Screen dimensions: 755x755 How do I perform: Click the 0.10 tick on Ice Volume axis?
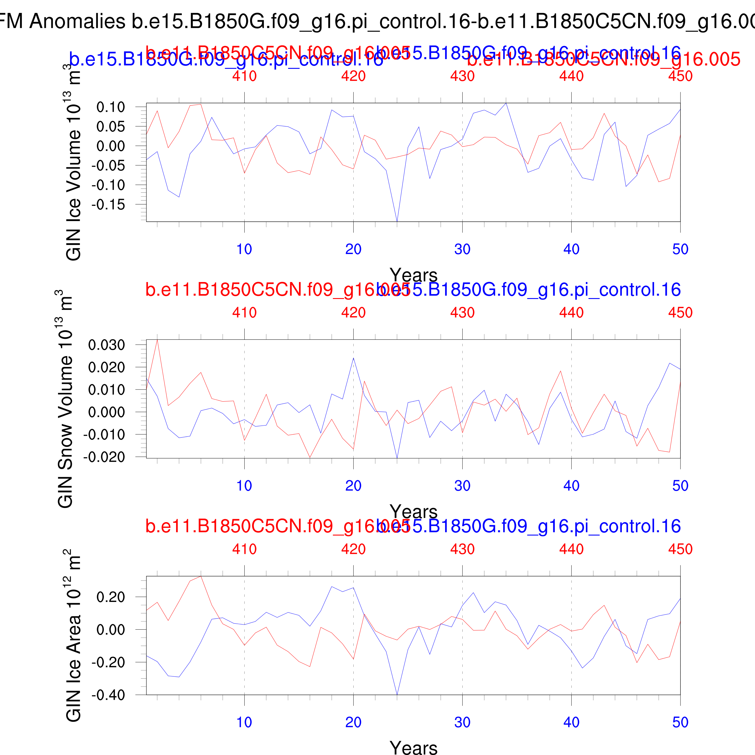(x=111, y=107)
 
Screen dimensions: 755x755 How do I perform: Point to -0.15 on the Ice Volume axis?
(x=108, y=204)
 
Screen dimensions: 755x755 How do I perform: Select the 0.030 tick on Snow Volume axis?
(x=106, y=345)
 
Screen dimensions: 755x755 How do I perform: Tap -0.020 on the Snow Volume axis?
(x=104, y=457)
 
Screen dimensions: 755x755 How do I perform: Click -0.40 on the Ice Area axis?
(x=108, y=695)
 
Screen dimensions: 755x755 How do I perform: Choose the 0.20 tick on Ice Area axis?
(x=111, y=597)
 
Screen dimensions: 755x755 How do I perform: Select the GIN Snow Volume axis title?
(x=65, y=399)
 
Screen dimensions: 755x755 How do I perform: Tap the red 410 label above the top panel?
(x=244, y=76)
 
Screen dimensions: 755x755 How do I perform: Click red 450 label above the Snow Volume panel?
(x=680, y=313)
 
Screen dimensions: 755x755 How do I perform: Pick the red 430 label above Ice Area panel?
(x=462, y=549)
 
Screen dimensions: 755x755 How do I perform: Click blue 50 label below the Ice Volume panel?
(x=680, y=249)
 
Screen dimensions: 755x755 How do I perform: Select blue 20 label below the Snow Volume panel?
(x=353, y=486)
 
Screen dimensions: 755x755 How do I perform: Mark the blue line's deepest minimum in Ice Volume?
(x=397, y=221)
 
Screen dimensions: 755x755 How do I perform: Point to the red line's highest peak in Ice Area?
(x=201, y=576)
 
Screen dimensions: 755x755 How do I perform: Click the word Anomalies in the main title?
(x=77, y=21)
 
